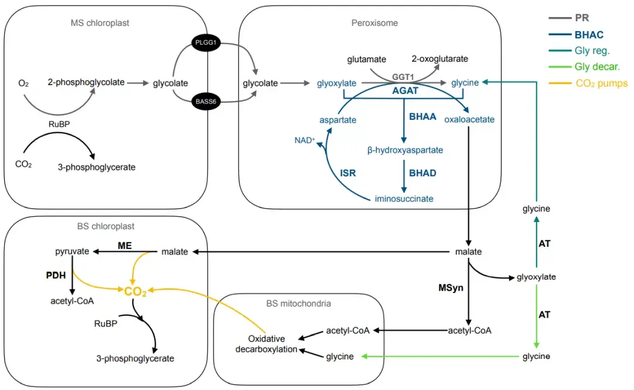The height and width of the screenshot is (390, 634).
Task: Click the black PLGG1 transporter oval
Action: (205, 45)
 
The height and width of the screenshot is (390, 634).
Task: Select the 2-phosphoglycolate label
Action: (86, 82)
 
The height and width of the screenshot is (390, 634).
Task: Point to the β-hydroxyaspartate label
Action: (405, 150)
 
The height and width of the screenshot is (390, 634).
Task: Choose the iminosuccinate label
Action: (404, 199)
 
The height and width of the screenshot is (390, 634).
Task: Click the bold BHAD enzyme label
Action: (423, 174)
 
